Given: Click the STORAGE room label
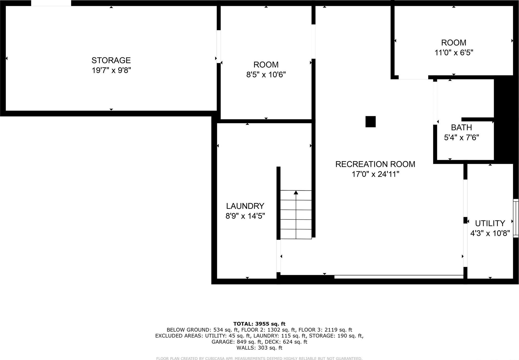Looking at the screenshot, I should [111, 60].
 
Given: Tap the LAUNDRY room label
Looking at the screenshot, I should [245, 206].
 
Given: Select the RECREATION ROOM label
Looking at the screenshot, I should [375, 164].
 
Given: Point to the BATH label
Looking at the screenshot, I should [461, 128].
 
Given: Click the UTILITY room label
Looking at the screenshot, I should [490, 223].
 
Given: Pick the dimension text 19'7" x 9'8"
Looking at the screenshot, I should [111, 70].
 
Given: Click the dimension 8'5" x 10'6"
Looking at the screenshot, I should [266, 75].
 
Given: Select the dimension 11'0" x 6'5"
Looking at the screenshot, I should [454, 52].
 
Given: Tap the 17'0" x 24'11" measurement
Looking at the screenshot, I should [375, 174].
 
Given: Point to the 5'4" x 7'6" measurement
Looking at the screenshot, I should [461, 137].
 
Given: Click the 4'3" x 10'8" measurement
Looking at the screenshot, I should [490, 233].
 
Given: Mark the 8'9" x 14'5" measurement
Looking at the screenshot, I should [245, 216].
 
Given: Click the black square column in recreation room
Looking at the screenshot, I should [370, 122].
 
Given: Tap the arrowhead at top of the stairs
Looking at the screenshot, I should [296, 193].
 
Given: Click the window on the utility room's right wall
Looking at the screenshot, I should [516, 218].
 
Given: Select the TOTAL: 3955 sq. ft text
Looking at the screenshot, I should [259, 324].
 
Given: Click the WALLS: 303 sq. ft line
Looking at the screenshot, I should [259, 348].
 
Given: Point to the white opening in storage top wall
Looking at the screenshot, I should [51, 3].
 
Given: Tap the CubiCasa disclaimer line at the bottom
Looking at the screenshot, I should [259, 358].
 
